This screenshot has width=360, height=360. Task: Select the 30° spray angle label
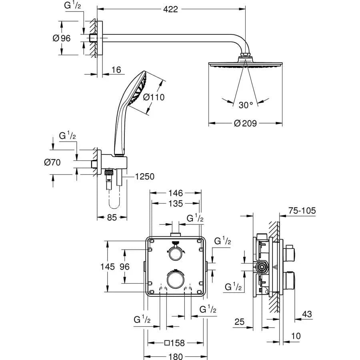point(246,105)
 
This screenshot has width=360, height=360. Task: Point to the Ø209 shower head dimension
point(246,124)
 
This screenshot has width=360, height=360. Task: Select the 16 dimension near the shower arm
point(116,70)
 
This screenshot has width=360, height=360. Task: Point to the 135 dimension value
point(175,204)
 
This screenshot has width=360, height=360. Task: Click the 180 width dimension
point(175,356)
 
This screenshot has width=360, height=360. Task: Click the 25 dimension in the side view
point(239,322)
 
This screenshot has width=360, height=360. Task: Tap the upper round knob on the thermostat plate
point(175,252)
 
